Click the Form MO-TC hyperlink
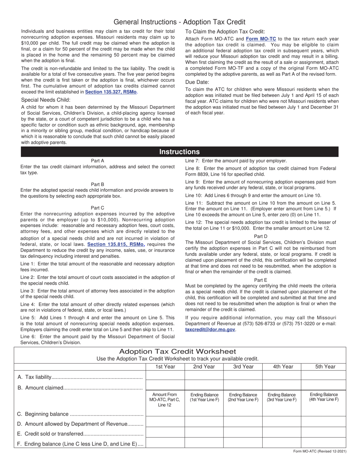(x=261, y=39)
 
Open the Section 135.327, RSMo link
(x=111, y=92)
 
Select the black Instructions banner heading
(x=179, y=152)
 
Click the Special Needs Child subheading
(x=46, y=100)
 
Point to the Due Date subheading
(x=197, y=82)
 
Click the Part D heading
(x=260, y=236)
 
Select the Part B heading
(x=97, y=185)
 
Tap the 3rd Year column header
(x=243, y=366)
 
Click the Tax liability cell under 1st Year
(x=165, y=375)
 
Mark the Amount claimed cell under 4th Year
(x=282, y=386)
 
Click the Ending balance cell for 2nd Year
(x=204, y=443)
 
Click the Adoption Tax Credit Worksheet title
(x=177, y=352)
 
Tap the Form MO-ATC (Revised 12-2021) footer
(x=320, y=451)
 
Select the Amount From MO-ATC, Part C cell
(x=165, y=400)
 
